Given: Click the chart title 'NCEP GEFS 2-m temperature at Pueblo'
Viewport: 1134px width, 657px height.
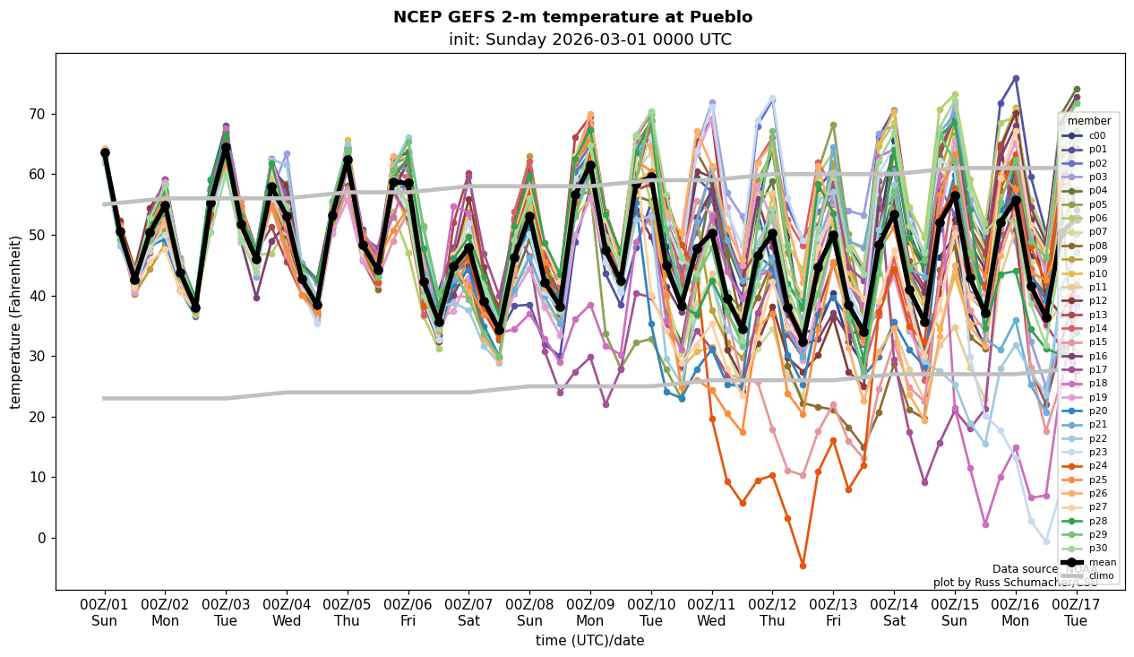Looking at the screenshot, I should (572, 17).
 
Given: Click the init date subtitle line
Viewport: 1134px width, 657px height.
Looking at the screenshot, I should (589, 39).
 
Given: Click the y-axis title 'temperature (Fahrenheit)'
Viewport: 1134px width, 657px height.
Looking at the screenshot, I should (16, 322).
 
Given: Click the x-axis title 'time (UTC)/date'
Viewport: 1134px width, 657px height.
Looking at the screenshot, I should (589, 640).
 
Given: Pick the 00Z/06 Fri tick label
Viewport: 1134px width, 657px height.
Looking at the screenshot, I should (408, 612).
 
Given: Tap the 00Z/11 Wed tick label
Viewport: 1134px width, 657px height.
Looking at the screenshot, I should (712, 612).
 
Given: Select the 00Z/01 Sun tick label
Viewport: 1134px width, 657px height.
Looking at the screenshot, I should (104, 612).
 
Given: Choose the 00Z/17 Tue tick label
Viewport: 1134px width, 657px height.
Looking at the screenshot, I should (1077, 612).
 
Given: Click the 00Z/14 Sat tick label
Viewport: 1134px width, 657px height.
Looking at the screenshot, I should (894, 612).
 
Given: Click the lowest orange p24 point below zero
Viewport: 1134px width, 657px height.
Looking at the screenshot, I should (803, 566).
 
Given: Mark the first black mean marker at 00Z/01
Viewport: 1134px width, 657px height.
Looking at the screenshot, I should (105, 153).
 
